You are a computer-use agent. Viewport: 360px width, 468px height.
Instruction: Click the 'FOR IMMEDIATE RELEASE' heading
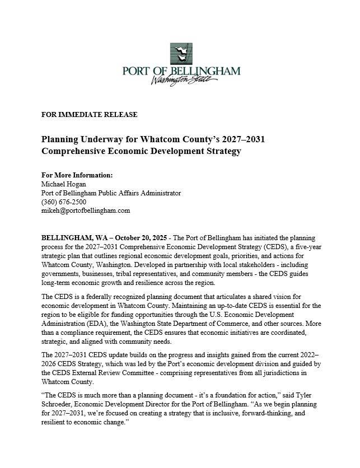[x=89, y=114]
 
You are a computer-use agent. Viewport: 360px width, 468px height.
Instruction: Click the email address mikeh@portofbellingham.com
[x=86, y=210]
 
